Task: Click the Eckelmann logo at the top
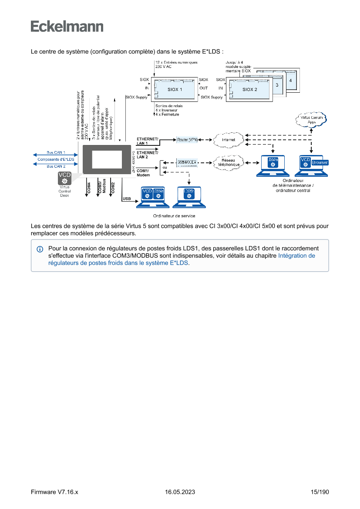(67, 26)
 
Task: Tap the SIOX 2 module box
(249, 89)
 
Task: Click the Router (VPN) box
(188, 140)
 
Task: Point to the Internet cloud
(229, 140)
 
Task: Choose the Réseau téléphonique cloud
(229, 162)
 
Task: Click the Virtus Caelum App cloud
(311, 119)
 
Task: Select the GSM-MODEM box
(187, 162)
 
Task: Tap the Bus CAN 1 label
(56, 153)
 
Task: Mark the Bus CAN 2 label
(56, 166)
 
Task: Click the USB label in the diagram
(127, 199)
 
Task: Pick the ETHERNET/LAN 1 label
(148, 141)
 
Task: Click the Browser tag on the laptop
(320, 162)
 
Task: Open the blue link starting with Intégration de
(296, 256)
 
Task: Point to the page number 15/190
(320, 492)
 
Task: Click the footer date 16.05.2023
(180, 492)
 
